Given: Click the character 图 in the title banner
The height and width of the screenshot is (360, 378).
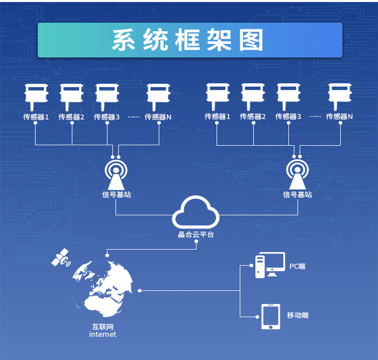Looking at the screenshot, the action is [250, 40].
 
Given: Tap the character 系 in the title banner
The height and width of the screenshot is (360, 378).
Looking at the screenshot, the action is [123, 40].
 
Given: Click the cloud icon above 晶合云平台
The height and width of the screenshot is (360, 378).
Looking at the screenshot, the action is [196, 212].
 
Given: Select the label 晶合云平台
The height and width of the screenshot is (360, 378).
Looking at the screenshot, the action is [196, 234].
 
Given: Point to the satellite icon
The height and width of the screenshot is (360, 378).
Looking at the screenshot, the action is [61, 258].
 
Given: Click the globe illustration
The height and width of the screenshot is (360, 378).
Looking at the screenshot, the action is [101, 288].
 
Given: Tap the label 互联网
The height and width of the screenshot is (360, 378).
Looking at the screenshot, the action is [103, 327].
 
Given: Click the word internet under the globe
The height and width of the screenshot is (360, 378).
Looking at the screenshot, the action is [102, 334].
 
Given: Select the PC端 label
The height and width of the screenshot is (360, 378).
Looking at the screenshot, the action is [297, 266].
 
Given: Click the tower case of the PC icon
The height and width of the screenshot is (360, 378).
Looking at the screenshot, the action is [260, 267].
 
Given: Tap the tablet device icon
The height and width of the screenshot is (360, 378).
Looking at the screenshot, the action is [271, 317].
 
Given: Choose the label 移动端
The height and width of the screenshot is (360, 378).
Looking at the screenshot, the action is [297, 315].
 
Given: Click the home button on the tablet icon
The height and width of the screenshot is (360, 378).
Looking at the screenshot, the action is [271, 327].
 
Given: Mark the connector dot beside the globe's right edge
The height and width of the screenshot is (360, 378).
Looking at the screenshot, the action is [140, 291].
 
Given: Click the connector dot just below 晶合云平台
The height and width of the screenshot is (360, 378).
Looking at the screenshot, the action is [197, 241].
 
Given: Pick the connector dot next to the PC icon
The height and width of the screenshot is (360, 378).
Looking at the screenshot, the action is [251, 266].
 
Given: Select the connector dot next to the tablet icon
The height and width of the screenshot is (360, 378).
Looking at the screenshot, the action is [257, 317].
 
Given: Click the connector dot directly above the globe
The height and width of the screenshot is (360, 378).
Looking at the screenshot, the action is [107, 255].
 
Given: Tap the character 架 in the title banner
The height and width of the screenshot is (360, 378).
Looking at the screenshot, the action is [219, 40].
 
